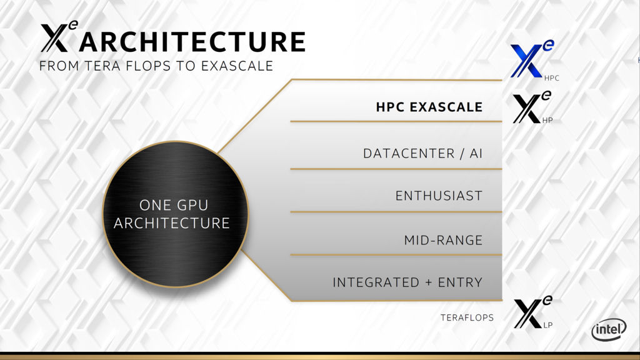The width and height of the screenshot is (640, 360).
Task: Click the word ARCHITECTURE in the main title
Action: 192,41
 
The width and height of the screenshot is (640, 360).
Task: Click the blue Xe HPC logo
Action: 532,59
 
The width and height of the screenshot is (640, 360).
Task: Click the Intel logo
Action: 609,329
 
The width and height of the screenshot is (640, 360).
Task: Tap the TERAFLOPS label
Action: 467,317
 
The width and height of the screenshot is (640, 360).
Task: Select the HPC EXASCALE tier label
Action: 429,107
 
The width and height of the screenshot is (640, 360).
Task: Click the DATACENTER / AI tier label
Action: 422,154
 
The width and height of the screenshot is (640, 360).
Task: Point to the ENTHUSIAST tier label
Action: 439,196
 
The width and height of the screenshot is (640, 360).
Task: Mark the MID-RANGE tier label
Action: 443,240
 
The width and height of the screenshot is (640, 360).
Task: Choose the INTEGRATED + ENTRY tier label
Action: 407,282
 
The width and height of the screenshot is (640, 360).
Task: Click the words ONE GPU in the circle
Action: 174,205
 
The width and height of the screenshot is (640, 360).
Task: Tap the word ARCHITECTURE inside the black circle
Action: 172,223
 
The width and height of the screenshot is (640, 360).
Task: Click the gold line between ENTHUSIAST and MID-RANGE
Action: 396,212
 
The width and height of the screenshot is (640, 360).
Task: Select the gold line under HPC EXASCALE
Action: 396,121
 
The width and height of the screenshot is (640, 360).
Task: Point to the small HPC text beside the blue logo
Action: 551,78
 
